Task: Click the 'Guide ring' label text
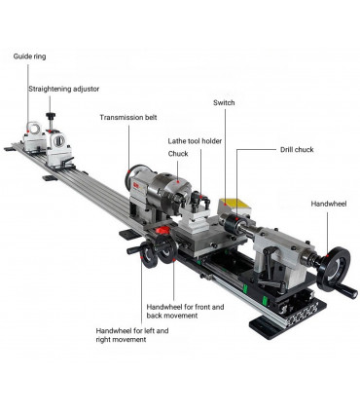pyautogui.click(x=28, y=56)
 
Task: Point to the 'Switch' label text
pyautogui.click(x=224, y=101)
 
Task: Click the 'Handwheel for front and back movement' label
pyautogui.click(x=185, y=313)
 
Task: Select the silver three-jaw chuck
pyautogui.click(x=178, y=192)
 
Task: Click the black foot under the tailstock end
pyautogui.click(x=270, y=327)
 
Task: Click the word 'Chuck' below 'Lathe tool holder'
pyautogui.click(x=178, y=153)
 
